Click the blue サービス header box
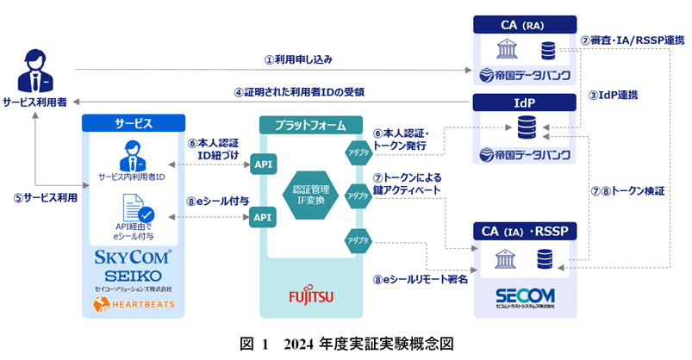(133, 123)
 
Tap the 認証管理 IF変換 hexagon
(312, 195)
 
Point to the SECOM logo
(525, 295)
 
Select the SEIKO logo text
(133, 274)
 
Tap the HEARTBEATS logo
(133, 304)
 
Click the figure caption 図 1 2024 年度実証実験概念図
(346, 344)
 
